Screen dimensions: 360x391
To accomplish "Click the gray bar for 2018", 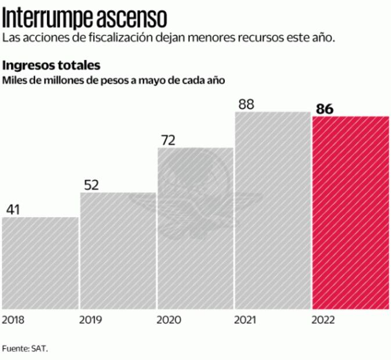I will tap(40, 262).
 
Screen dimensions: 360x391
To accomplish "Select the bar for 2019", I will tap(118, 250).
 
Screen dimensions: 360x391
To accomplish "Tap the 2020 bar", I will tap(195, 228).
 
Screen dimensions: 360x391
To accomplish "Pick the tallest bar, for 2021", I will tap(272, 210).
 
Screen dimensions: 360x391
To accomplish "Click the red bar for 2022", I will tap(350, 212).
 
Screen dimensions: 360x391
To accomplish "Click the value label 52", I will tap(91, 185).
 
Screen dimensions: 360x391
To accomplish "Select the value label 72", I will tap(168, 140).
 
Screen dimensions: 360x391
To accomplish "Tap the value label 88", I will tap(246, 104).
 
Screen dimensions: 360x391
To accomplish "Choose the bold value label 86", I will tap(325, 109).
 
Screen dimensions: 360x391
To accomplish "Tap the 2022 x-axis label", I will tap(323, 320).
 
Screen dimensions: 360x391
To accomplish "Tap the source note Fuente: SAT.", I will tap(25, 348).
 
